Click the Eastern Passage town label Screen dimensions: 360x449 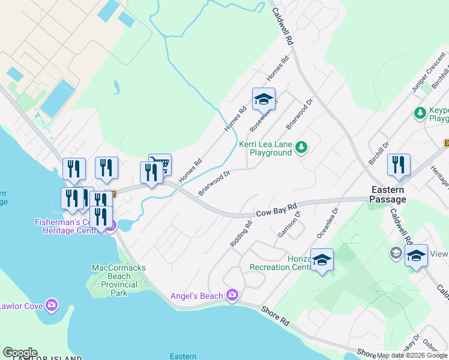click(387, 194)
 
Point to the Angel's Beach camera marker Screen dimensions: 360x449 click(233, 295)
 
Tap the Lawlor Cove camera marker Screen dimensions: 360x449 click(52, 306)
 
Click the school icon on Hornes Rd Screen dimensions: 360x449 click(264, 99)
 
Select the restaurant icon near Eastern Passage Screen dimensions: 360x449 click(399, 165)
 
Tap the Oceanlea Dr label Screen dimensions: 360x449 click(331, 221)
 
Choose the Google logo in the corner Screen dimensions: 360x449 click(19, 353)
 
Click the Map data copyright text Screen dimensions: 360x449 click(412, 355)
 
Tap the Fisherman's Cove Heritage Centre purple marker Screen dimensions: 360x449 click(110, 226)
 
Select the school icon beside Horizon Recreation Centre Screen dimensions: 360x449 click(322, 260)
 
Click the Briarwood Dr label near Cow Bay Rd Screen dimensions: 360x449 click(214, 183)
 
